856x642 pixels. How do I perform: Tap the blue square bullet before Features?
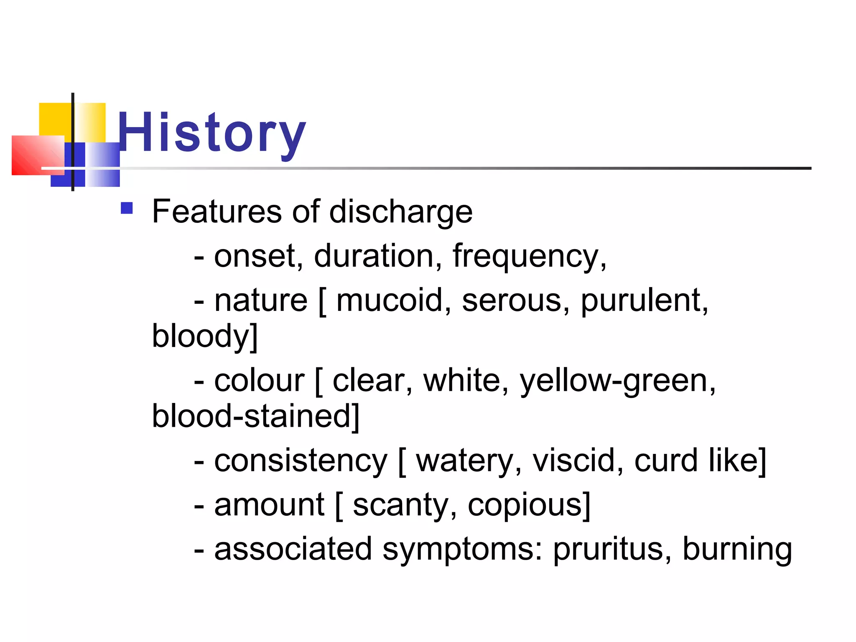(x=127, y=208)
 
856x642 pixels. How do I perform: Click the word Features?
(x=217, y=211)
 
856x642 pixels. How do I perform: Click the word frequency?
(x=528, y=257)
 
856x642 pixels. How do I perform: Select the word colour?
(x=259, y=381)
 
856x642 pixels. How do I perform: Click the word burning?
(x=737, y=550)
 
